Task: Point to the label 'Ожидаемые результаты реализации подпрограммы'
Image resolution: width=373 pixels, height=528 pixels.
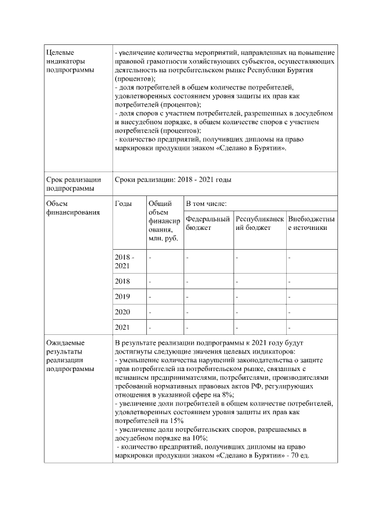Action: click(69, 356)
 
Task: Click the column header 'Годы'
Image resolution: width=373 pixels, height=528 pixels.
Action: click(124, 204)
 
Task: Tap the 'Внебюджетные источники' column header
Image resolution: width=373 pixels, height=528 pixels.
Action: click(311, 223)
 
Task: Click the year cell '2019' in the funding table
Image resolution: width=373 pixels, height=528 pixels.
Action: click(123, 297)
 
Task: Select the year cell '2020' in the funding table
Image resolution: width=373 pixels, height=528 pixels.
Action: click(123, 312)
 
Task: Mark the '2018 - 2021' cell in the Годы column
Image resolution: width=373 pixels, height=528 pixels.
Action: click(124, 261)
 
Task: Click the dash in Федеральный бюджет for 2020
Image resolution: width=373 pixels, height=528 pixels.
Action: click(188, 312)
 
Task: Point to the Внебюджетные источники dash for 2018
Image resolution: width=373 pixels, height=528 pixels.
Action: click(290, 281)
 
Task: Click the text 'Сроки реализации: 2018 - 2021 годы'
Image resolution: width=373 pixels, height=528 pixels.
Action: click(173, 180)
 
